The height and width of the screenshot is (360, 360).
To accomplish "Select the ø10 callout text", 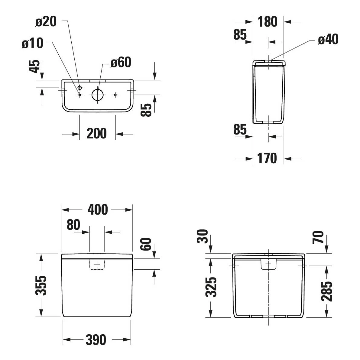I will tap(33, 44).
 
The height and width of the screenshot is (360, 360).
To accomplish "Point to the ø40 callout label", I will tap(328, 40).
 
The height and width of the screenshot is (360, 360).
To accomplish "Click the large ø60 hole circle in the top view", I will tap(97, 95).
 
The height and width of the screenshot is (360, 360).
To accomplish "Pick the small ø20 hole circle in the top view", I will tap(79, 88).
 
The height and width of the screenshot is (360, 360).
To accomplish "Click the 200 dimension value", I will tap(97, 134).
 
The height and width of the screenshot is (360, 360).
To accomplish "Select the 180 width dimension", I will tap(268, 22).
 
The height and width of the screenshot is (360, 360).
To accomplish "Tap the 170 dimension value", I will tap(267, 158).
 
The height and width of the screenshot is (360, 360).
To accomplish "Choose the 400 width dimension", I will tap(97, 210).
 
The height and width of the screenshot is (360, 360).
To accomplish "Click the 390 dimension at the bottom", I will tap(96, 340).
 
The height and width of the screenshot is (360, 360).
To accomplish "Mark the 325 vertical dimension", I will tap(211, 287).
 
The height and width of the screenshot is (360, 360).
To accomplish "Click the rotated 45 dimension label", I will tap(35, 66).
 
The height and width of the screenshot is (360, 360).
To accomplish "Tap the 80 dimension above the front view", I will tap(73, 225).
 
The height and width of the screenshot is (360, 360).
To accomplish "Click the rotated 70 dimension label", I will tap(319, 237).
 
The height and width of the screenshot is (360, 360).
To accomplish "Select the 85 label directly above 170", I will tap(240, 130).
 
